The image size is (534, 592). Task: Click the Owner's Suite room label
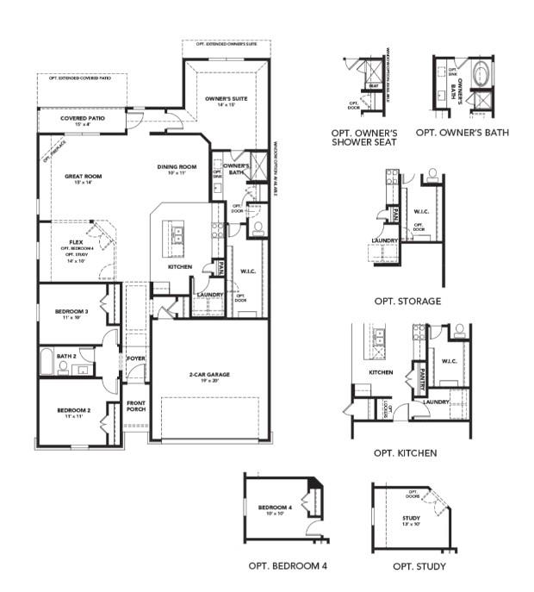(227, 99)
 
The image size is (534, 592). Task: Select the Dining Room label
(177, 166)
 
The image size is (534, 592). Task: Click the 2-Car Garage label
(209, 375)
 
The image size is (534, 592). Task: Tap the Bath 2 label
(67, 355)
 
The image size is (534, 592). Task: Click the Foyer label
(136, 358)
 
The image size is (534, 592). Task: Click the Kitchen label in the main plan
(179, 267)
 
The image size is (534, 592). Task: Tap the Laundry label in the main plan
(210, 295)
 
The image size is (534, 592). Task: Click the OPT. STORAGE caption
(407, 302)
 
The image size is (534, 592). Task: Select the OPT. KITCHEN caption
(405, 452)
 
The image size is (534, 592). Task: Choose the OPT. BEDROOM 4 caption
(287, 566)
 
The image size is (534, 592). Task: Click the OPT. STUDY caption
(419, 566)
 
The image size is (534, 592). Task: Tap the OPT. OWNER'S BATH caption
(462, 133)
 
